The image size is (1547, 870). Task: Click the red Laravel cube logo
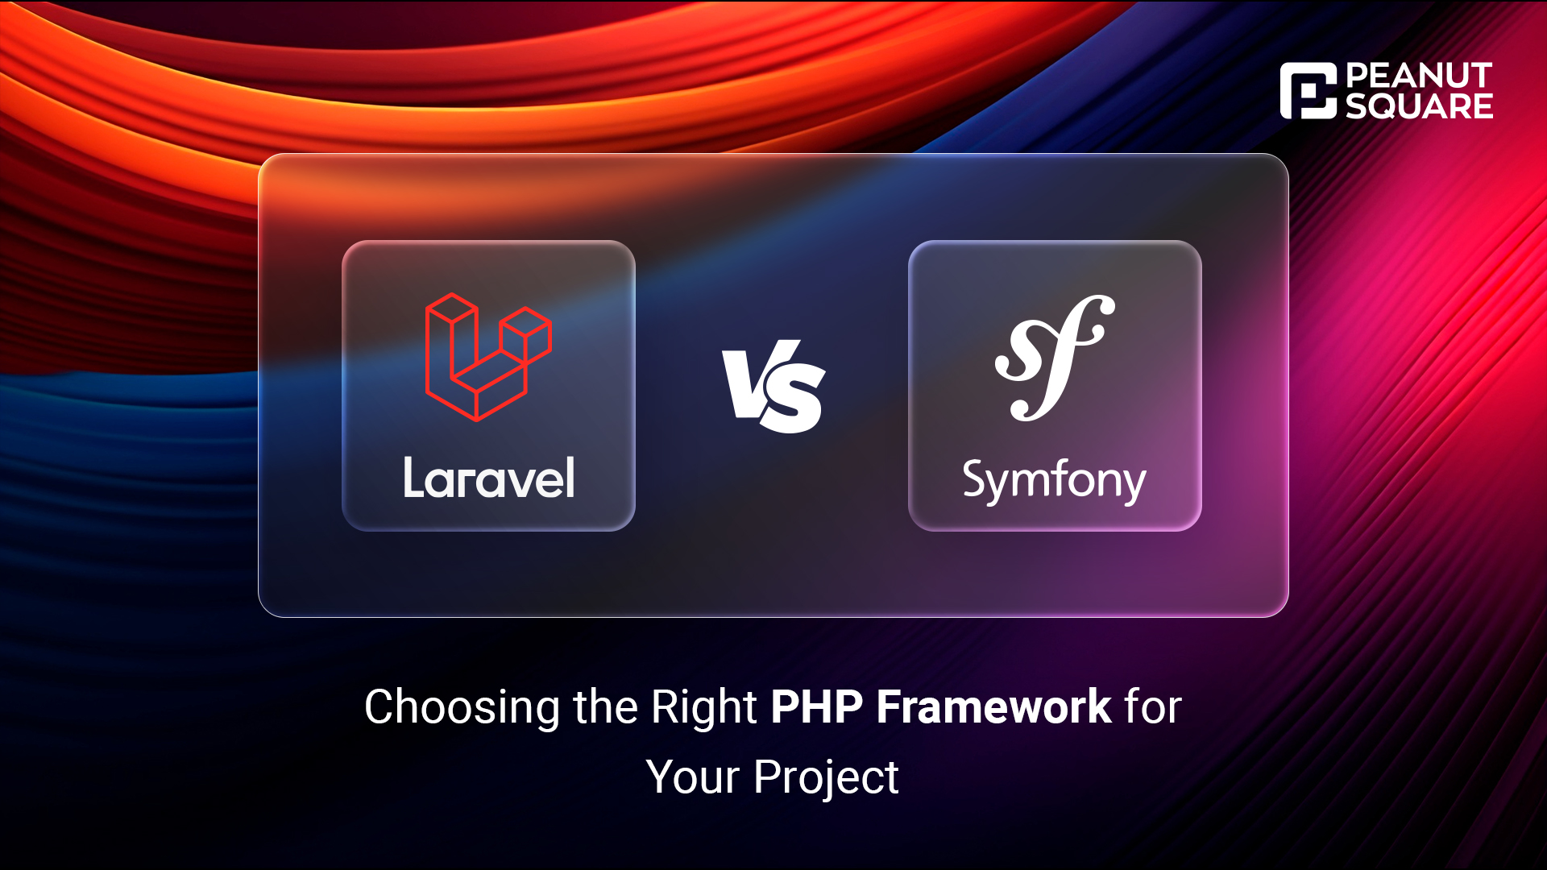[488, 357]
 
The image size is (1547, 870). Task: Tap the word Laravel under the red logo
[489, 478]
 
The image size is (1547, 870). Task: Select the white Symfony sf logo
[1055, 358]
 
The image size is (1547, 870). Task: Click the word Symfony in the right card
[1054, 482]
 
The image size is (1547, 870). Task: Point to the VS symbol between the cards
[773, 387]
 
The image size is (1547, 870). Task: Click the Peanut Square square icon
[1309, 91]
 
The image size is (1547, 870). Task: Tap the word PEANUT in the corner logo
[1419, 76]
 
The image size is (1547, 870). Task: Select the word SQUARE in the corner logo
[1419, 106]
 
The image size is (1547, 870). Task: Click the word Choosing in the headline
[462, 708]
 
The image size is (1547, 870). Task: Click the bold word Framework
[994, 706]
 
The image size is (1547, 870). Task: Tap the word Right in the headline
[703, 708]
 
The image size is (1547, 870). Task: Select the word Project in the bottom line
[826, 778]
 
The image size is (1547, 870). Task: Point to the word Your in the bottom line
[693, 777]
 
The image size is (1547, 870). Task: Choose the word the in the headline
[605, 706]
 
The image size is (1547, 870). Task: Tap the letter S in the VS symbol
[793, 399]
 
